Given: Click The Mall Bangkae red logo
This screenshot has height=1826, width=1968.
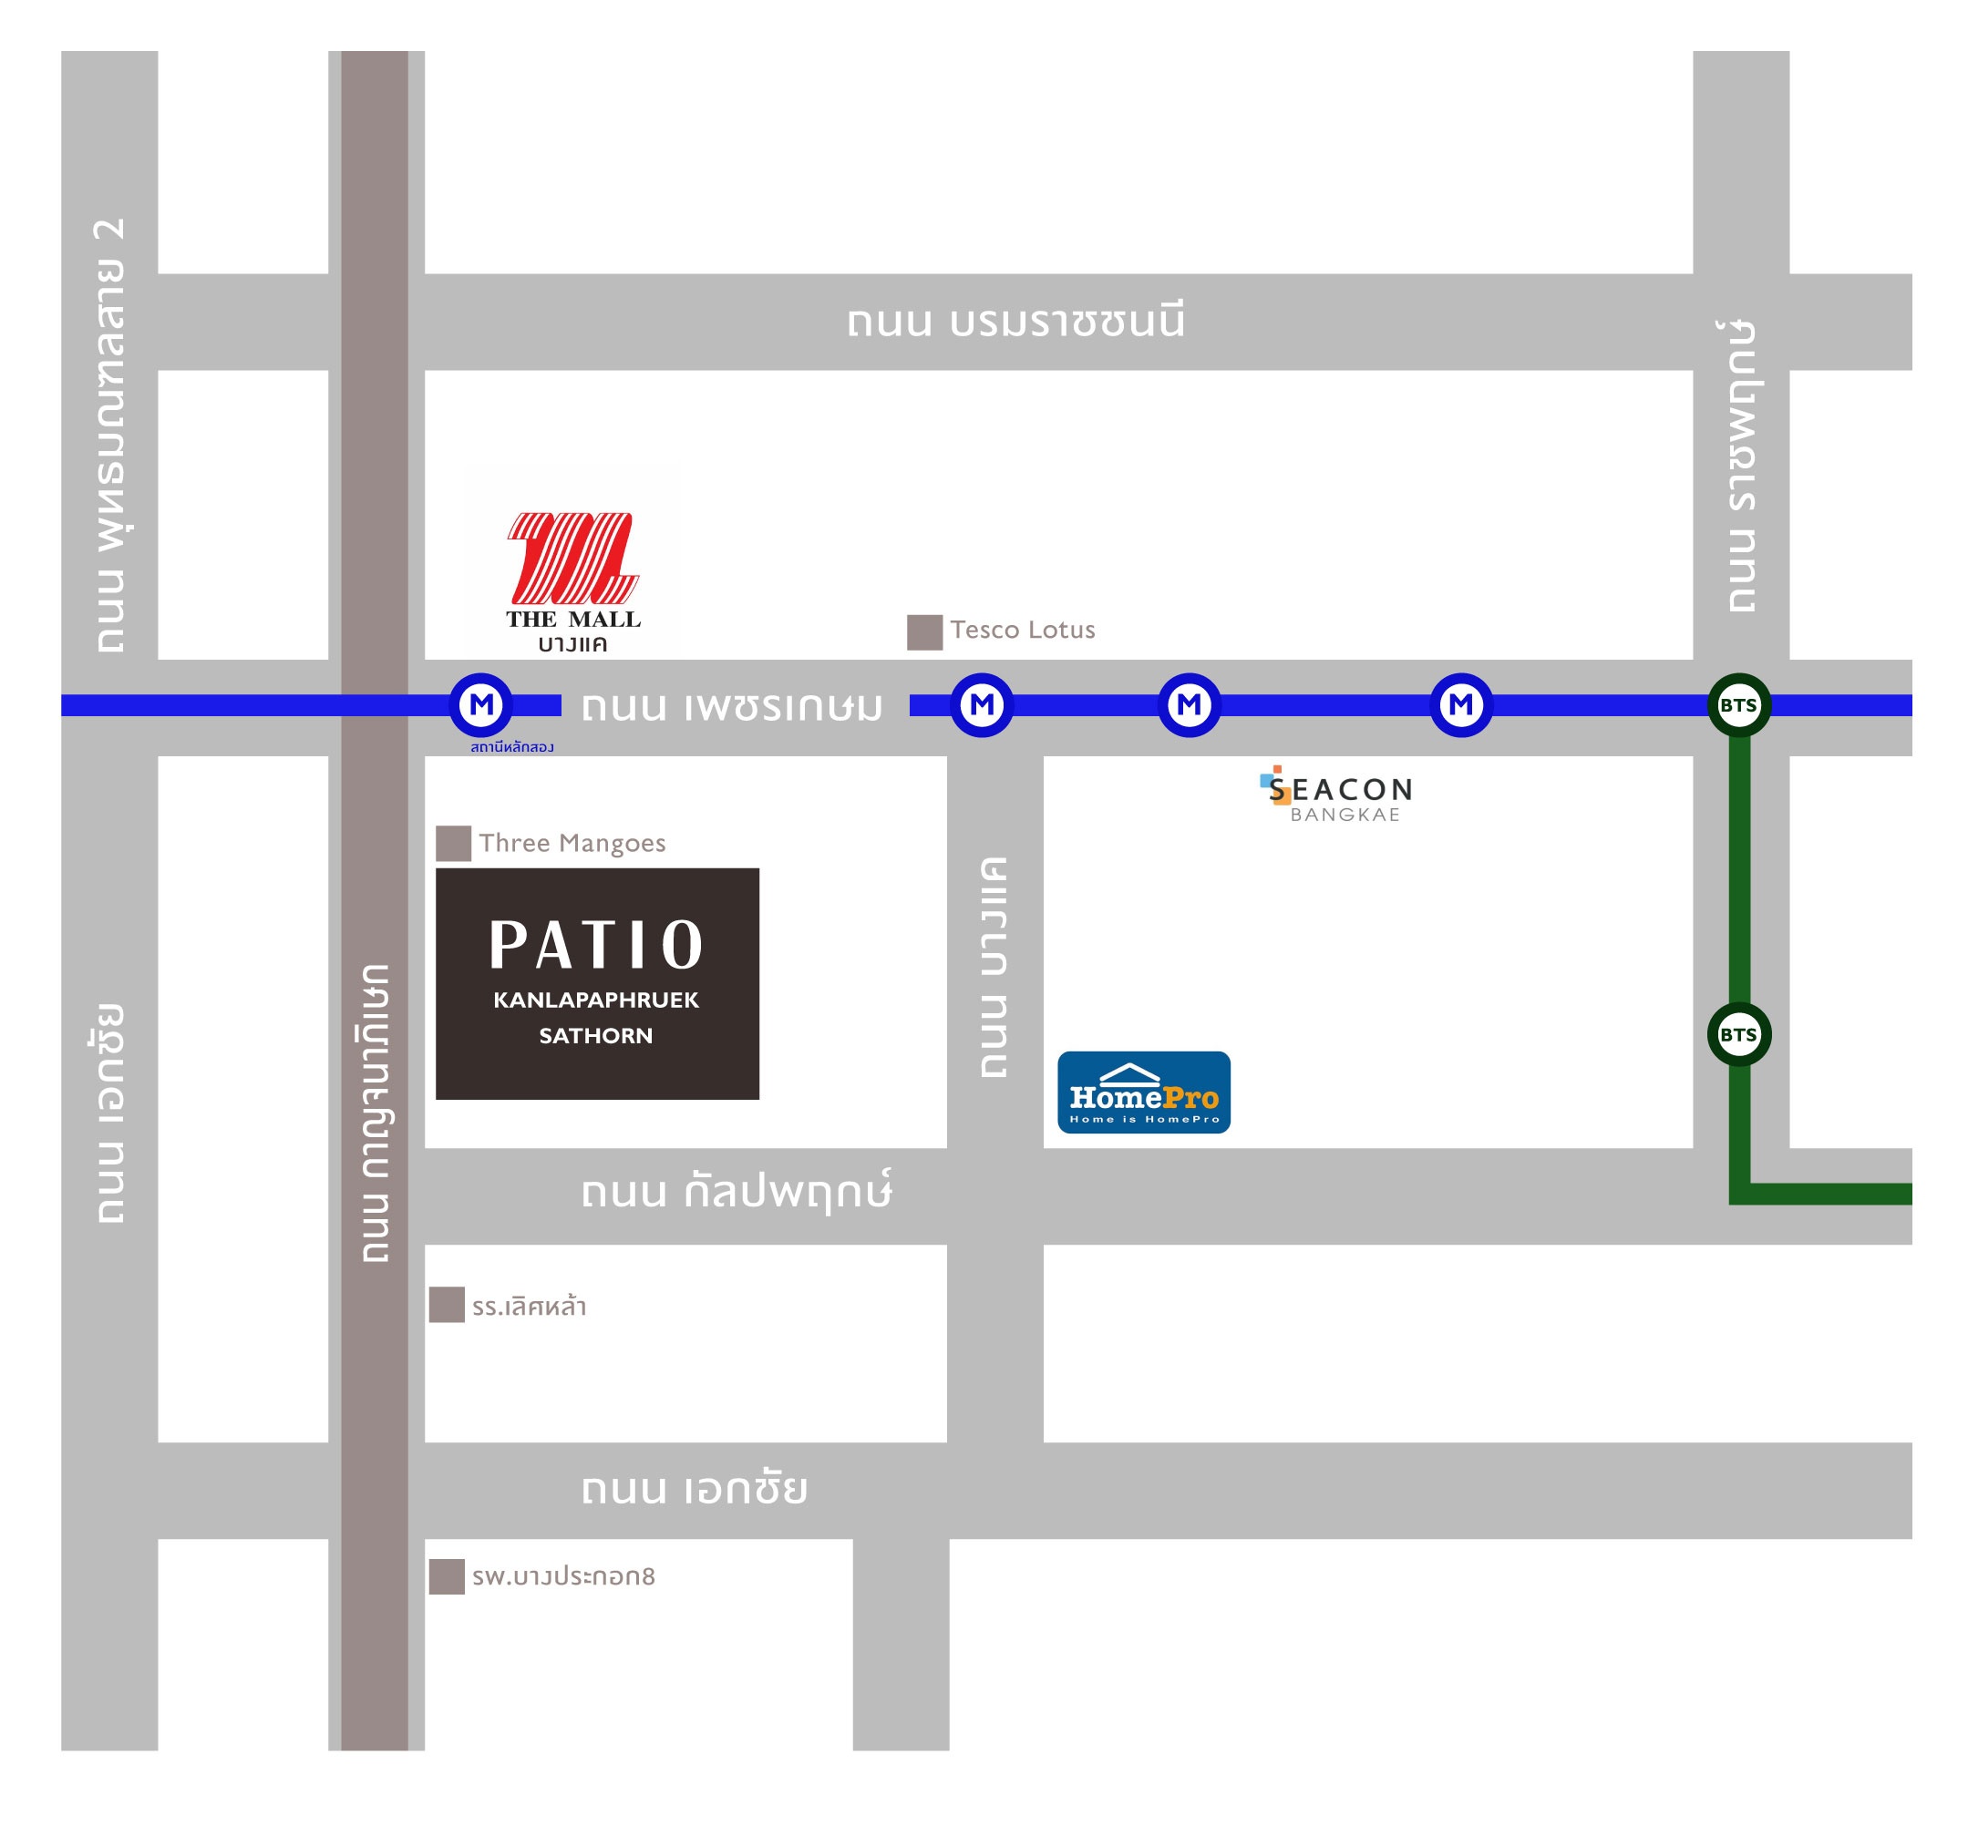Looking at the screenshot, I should [572, 558].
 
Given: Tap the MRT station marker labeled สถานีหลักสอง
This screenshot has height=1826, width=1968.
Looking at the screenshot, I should [481, 704].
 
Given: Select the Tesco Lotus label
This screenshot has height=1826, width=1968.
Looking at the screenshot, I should [1022, 630].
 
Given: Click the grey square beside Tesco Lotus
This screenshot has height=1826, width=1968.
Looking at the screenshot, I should [924, 632].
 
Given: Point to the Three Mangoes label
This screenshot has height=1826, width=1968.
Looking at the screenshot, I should [572, 843].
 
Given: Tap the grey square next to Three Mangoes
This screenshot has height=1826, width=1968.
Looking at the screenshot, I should [453, 844].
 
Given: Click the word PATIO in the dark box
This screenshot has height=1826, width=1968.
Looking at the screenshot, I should [596, 945].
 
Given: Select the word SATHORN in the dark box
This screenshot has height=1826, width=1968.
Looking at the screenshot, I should [595, 1035].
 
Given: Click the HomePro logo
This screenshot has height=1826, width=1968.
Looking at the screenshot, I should [1144, 1092].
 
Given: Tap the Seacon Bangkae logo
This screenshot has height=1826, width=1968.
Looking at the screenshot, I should [1336, 795].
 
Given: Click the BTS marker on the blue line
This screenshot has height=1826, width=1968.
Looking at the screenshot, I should [1738, 704].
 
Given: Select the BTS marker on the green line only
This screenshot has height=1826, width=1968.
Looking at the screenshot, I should [1738, 1034].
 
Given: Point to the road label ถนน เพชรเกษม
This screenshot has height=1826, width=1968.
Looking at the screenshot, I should [731, 706].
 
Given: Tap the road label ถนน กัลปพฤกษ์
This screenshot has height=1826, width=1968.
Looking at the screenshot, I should [736, 1191].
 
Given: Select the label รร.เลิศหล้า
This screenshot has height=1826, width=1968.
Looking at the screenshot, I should [529, 1307].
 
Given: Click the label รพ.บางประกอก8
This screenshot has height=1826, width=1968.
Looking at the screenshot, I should [563, 1576].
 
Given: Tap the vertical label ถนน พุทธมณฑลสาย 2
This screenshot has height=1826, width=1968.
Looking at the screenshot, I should [110, 435].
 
